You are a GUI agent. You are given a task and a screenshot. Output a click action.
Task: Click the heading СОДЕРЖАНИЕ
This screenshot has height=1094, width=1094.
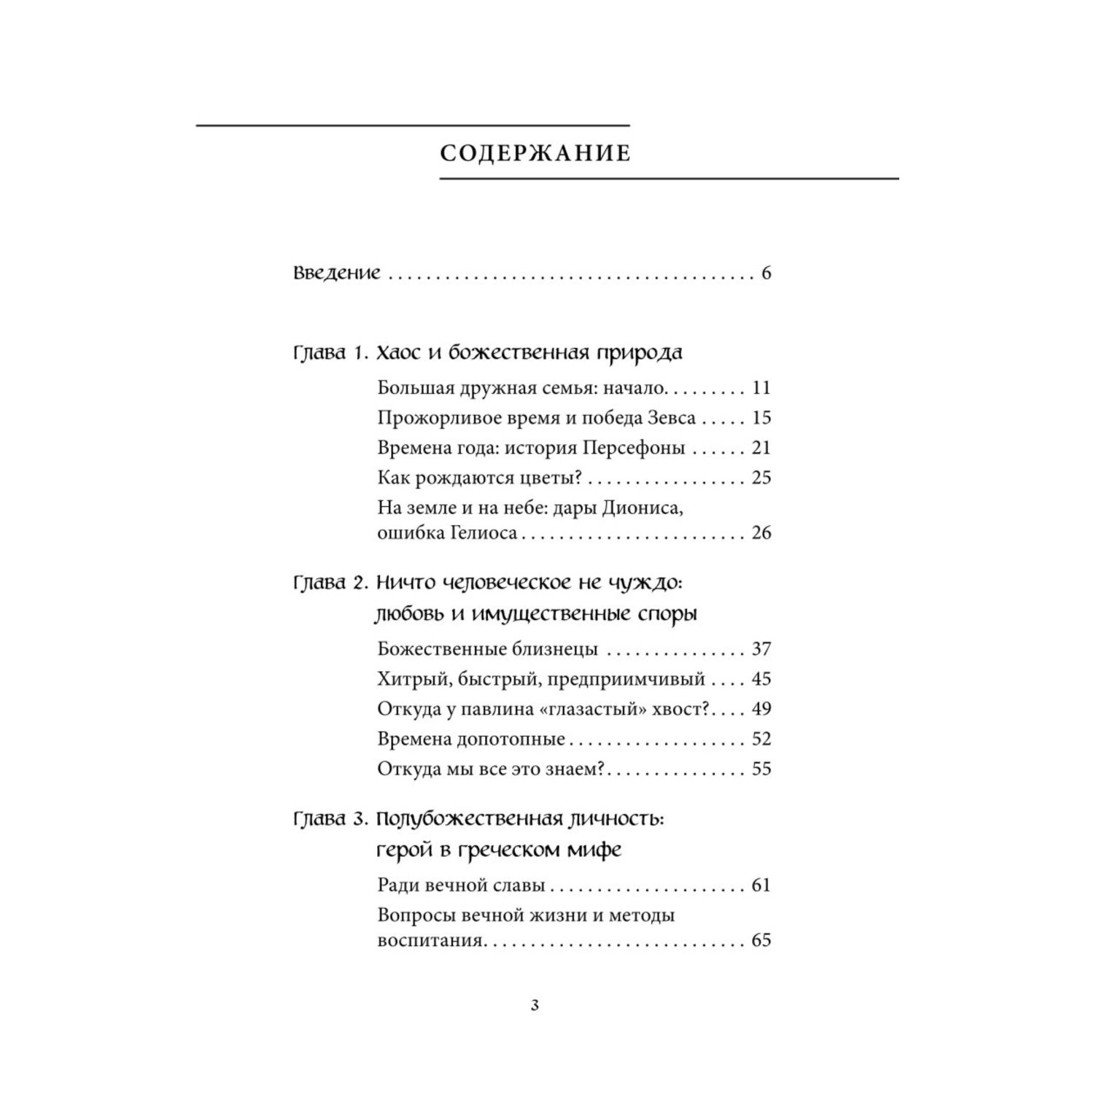click(x=535, y=153)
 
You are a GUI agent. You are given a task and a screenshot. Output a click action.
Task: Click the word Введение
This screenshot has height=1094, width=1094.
click(x=337, y=273)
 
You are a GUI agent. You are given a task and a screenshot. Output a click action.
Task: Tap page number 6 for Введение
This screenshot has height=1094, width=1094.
click(x=766, y=273)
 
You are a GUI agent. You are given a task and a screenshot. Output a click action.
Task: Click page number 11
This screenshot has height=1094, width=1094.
click(x=761, y=388)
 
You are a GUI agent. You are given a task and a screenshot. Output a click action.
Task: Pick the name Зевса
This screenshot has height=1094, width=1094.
click(x=670, y=418)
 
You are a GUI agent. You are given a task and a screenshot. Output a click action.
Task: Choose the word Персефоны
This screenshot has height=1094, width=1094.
click(x=634, y=448)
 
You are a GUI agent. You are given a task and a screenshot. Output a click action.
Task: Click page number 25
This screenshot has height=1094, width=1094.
click(x=761, y=478)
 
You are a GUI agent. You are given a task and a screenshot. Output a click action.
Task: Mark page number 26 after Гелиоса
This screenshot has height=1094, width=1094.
click(x=761, y=533)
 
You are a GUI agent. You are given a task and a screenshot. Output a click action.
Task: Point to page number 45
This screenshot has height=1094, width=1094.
click(x=761, y=679)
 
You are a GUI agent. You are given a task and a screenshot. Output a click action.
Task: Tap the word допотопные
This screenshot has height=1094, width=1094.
click(x=511, y=739)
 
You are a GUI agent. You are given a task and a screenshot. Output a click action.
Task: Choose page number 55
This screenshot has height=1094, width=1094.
click(x=761, y=769)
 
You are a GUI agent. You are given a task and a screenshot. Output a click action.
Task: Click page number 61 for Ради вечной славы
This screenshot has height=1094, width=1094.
click(x=761, y=885)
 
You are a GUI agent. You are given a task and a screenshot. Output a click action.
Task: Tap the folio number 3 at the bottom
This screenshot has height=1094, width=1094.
click(x=535, y=1006)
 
